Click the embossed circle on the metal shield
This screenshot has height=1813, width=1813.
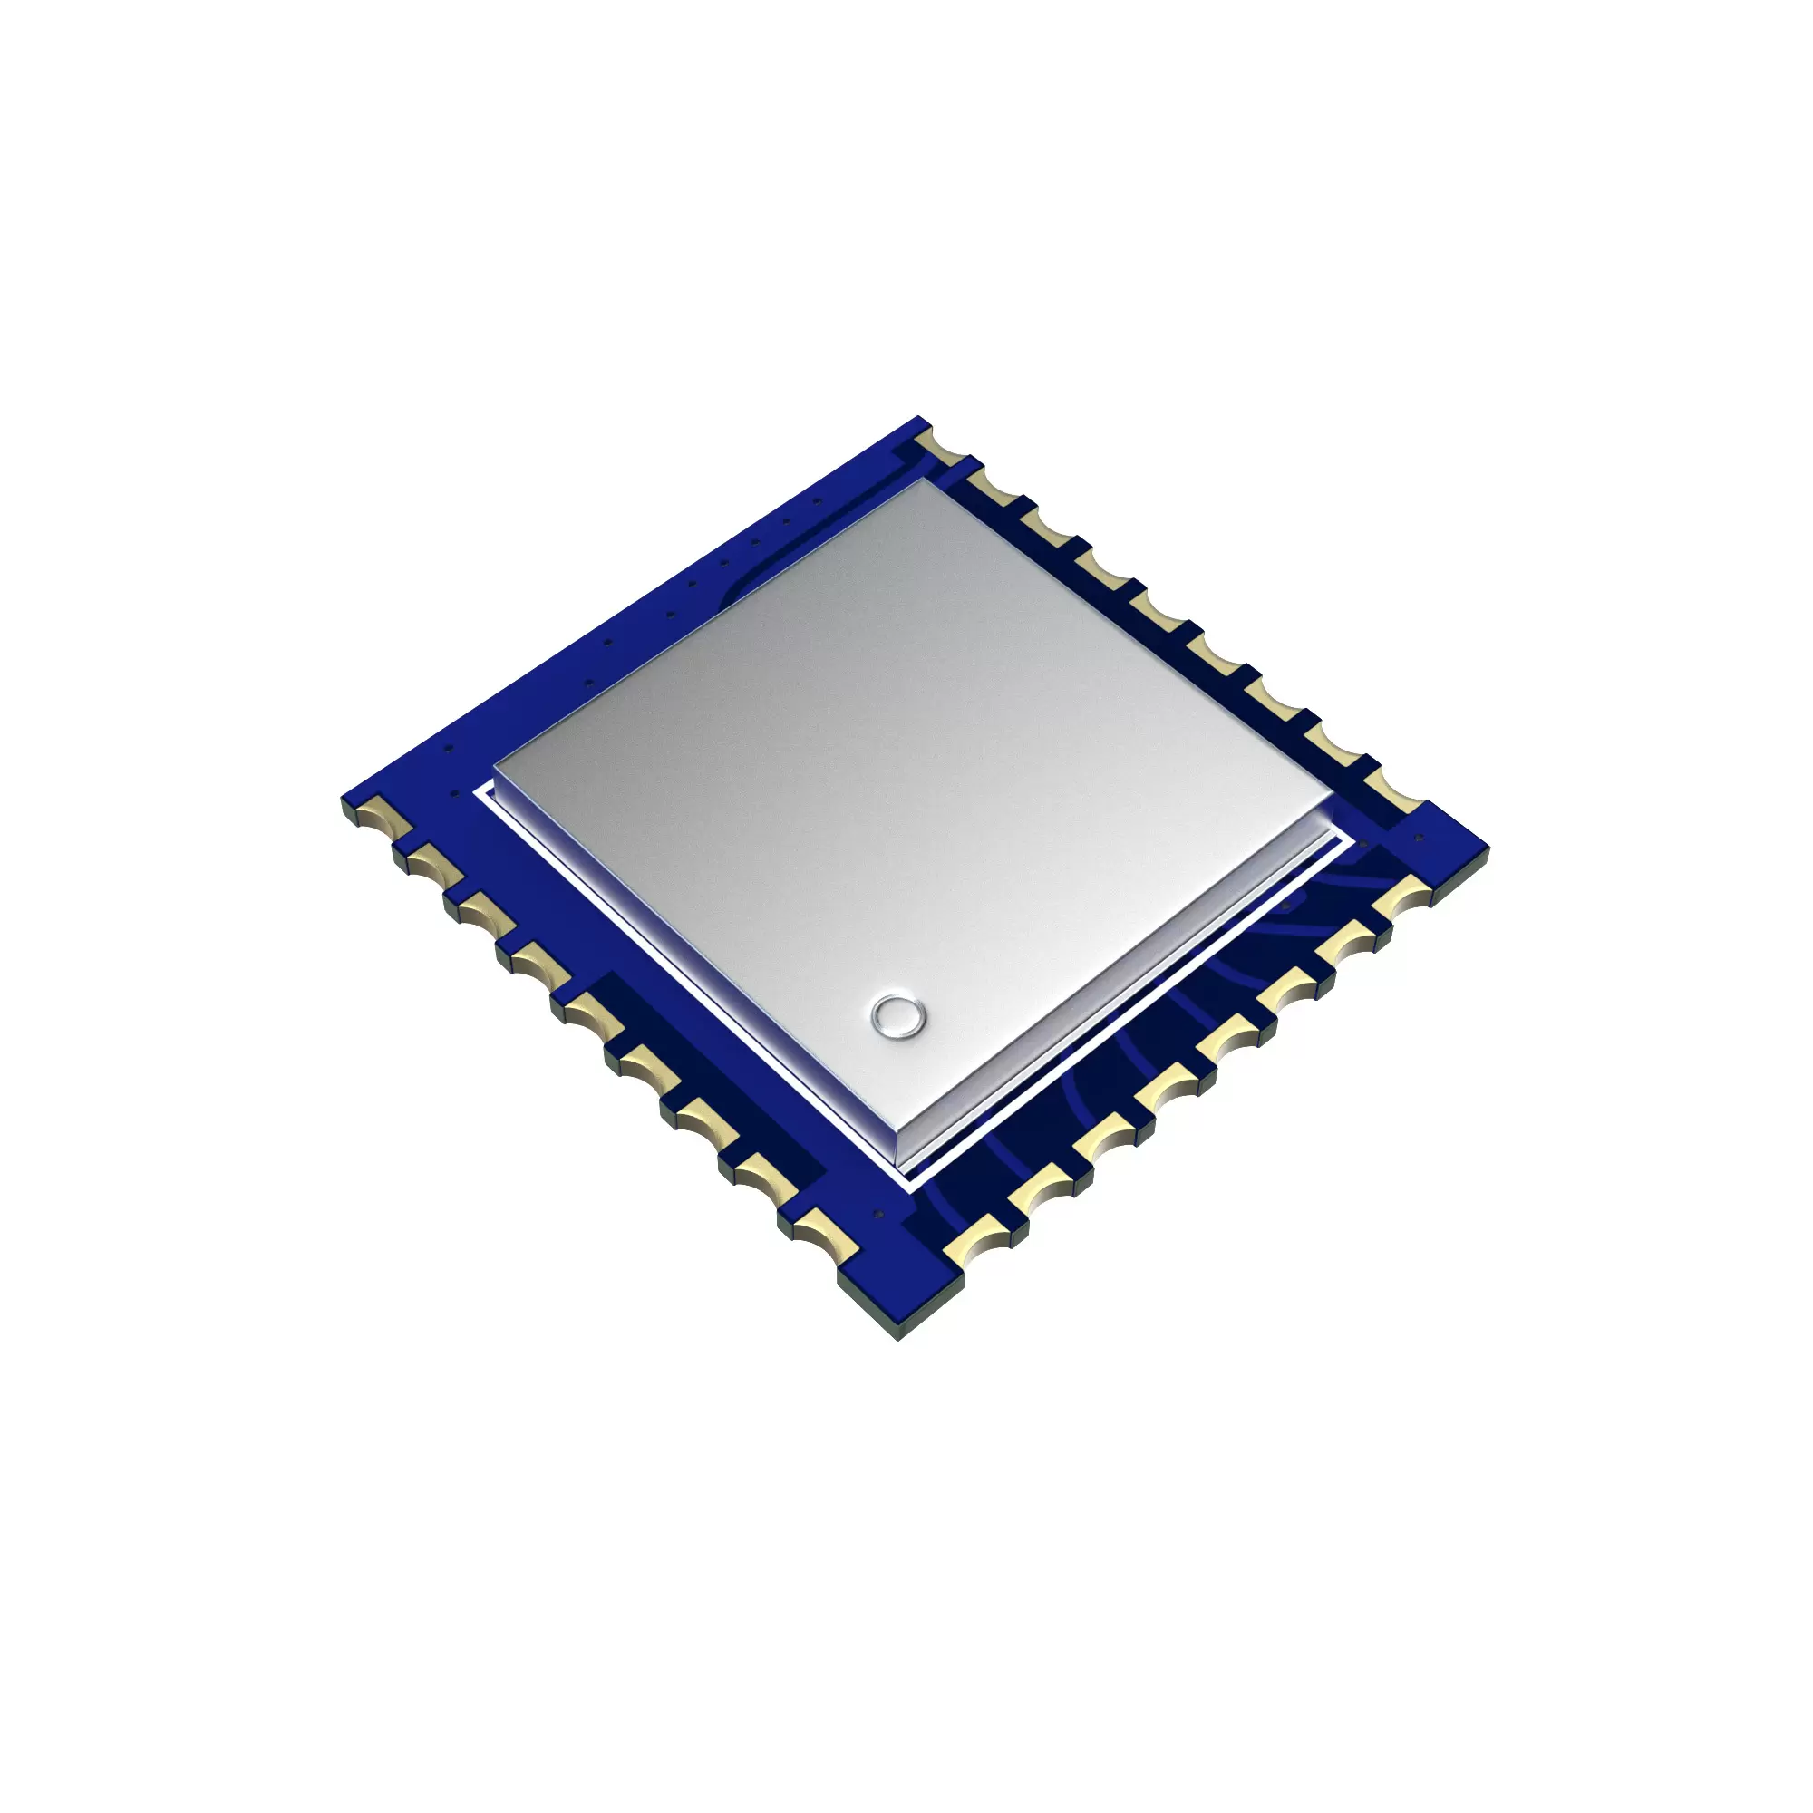[x=898, y=1015]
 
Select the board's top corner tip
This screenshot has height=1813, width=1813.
[x=921, y=419]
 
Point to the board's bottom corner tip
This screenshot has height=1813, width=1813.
[x=899, y=1336]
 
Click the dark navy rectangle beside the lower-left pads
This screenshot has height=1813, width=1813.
[x=713, y=1079]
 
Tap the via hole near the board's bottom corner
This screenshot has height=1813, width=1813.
[x=879, y=1215]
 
